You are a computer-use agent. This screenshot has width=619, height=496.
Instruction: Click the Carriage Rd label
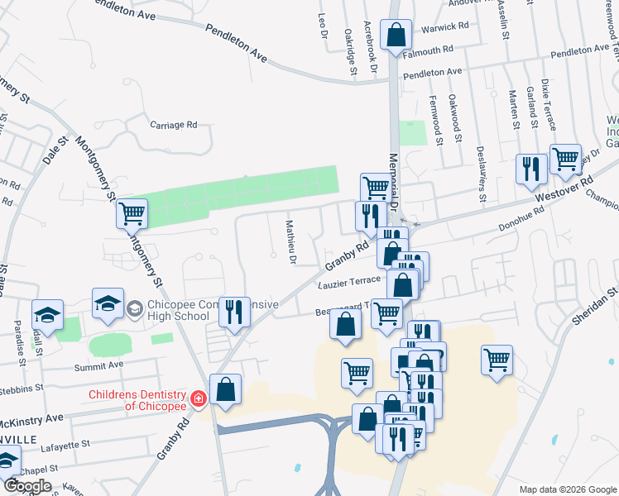tap(173, 126)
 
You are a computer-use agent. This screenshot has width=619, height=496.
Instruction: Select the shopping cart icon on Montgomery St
tap(132, 213)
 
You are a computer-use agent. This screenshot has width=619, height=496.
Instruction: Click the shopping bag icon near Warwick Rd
tap(396, 35)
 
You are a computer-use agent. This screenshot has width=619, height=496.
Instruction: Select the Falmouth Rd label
tap(428, 50)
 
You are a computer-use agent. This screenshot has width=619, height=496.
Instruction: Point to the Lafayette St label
tap(65, 445)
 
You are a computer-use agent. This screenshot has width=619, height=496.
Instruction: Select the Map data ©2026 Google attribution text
tap(568, 489)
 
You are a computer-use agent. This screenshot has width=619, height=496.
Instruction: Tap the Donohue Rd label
tap(521, 217)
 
